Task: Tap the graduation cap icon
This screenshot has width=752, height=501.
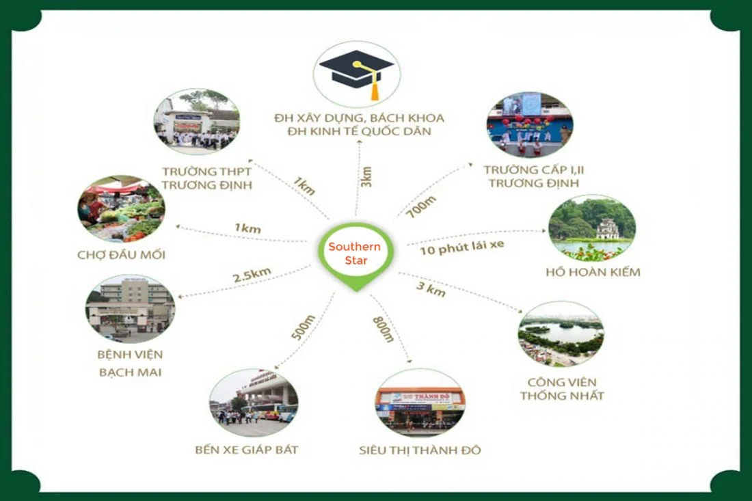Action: click(x=355, y=71)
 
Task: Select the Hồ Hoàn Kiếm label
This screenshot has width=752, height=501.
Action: click(x=593, y=272)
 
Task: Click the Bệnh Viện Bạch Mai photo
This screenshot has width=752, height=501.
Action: click(x=130, y=308)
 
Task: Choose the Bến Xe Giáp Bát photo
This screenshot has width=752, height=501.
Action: click(x=254, y=403)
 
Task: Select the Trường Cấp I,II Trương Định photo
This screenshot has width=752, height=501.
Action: click(x=530, y=124)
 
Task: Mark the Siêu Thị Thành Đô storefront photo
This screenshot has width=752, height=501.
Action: click(x=420, y=403)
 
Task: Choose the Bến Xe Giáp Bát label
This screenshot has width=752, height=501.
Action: click(x=246, y=450)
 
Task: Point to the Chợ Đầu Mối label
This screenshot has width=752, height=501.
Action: click(x=122, y=256)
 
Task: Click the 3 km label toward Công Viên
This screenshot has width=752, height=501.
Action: click(x=431, y=288)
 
